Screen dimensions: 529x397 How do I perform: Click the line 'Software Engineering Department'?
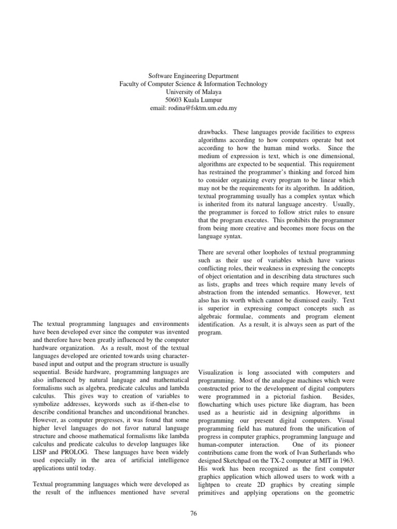pos(193,76)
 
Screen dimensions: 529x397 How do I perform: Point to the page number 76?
pos(194,512)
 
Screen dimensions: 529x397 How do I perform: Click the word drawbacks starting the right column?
pos(213,132)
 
